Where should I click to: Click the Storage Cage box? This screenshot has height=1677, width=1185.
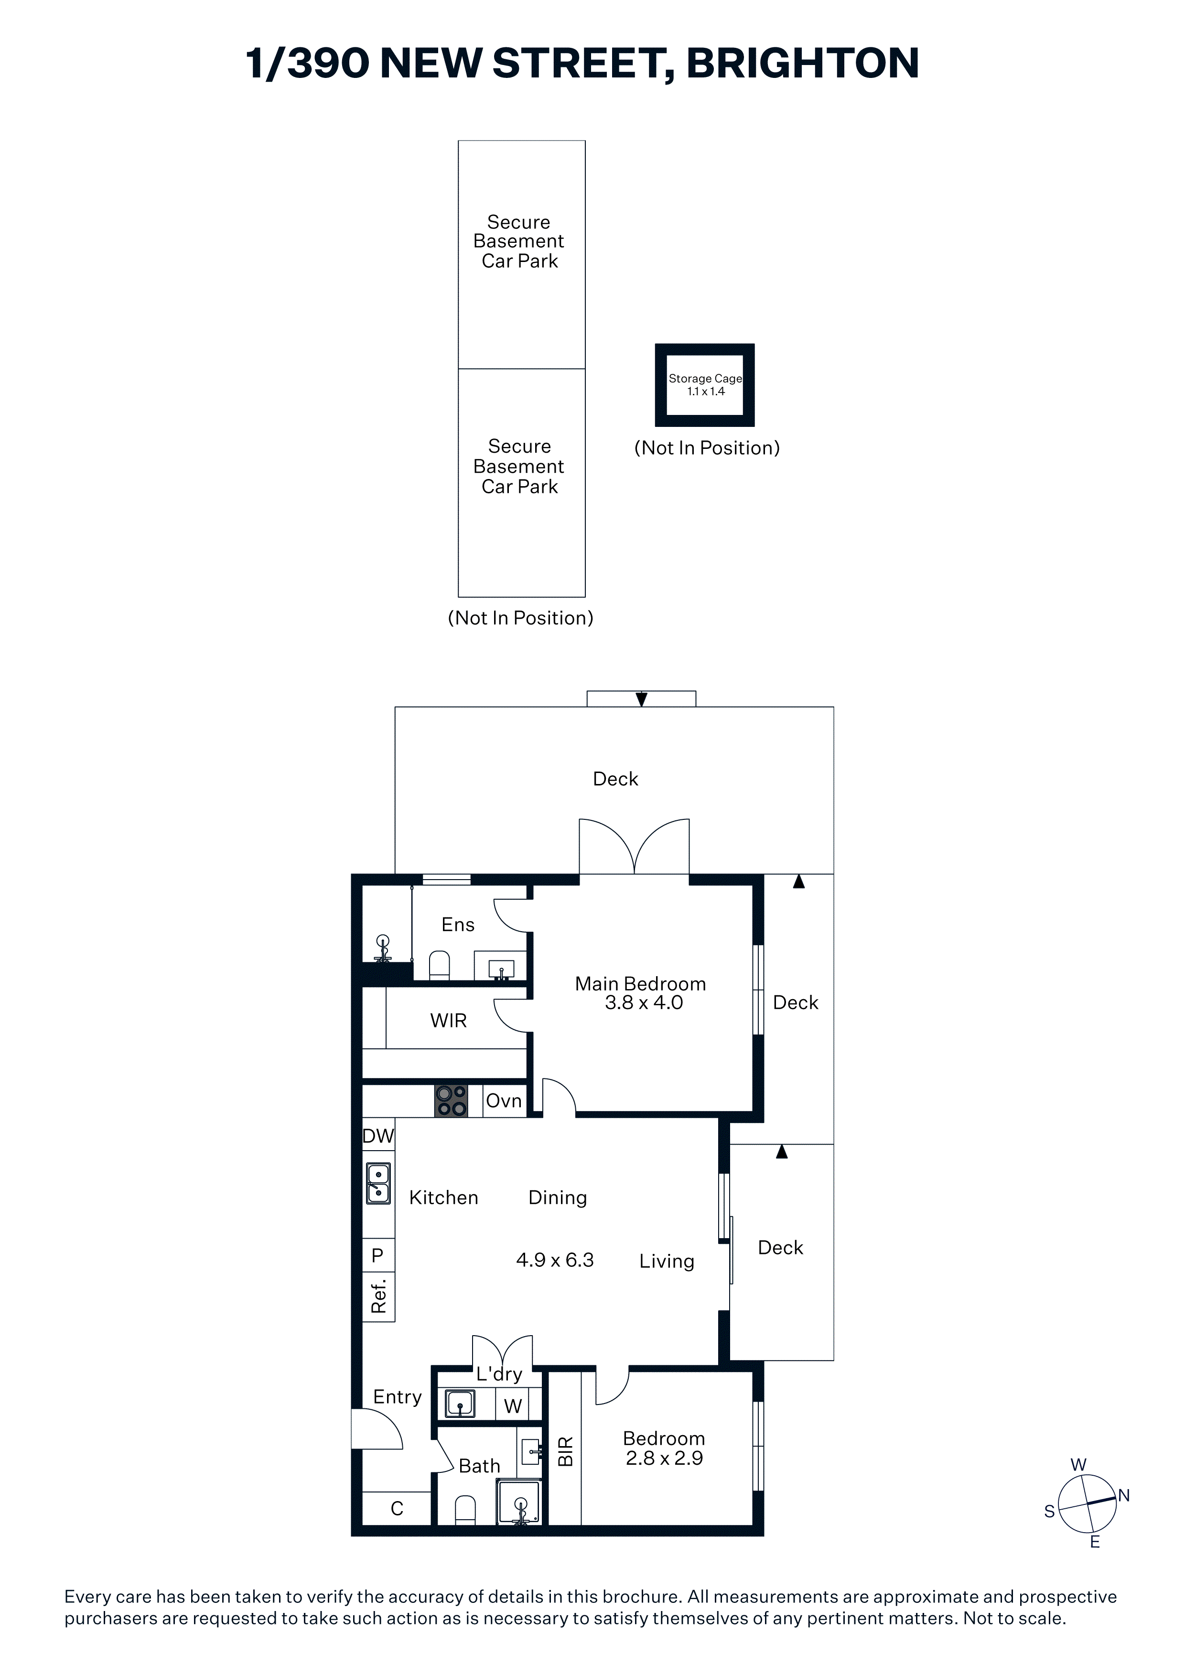[705, 385]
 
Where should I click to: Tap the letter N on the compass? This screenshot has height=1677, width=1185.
[1124, 1495]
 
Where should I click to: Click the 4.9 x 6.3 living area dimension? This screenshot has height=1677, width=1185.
[555, 1260]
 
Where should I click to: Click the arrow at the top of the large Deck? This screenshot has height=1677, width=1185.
[641, 699]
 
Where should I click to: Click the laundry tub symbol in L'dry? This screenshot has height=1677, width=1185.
[460, 1404]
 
